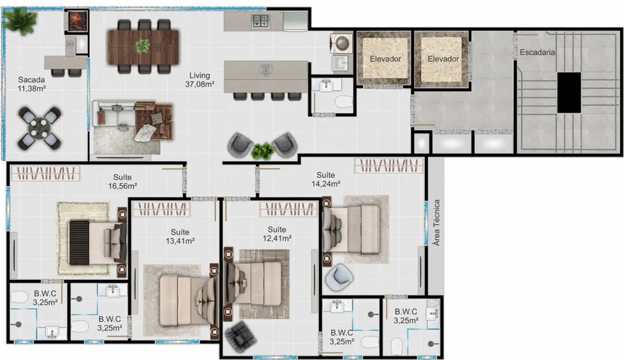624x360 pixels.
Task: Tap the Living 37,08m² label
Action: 200,80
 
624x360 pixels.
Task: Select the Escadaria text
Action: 538,53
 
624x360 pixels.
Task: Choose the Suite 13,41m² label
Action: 180,236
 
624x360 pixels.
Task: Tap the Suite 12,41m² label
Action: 277,234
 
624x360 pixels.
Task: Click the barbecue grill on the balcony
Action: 75,22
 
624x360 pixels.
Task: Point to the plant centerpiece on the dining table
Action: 144,46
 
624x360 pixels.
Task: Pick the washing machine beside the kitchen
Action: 339,43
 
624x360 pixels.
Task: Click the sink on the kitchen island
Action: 267,70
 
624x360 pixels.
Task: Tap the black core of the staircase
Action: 569,92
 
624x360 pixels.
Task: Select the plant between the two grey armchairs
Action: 263,150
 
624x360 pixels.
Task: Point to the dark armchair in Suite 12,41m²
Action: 239,335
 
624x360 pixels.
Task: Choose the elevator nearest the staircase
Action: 443,58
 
